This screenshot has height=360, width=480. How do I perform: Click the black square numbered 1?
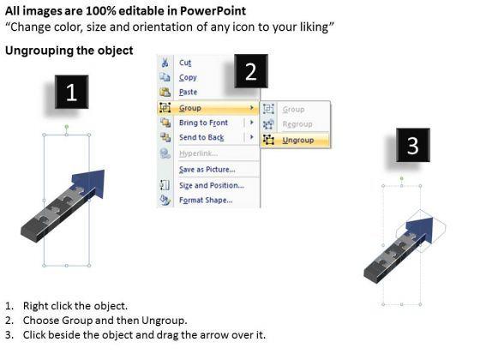72,92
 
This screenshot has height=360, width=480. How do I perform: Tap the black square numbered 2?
251,71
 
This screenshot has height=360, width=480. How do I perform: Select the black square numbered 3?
413,145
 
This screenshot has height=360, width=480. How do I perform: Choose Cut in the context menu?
185,63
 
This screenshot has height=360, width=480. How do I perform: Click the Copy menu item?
188,77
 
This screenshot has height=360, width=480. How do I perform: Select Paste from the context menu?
188,92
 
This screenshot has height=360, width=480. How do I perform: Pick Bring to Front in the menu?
203,123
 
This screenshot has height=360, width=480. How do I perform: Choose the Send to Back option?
201,137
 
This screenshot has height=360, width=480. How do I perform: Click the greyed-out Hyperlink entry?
198,153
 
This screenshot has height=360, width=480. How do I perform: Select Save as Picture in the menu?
207,170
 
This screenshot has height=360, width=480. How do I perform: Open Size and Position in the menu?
212,185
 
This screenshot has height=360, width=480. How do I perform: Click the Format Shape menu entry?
206,201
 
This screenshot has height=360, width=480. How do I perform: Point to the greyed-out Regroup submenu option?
297,124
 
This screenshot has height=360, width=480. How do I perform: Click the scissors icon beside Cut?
165,63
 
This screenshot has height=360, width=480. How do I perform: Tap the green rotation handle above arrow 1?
67,127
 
